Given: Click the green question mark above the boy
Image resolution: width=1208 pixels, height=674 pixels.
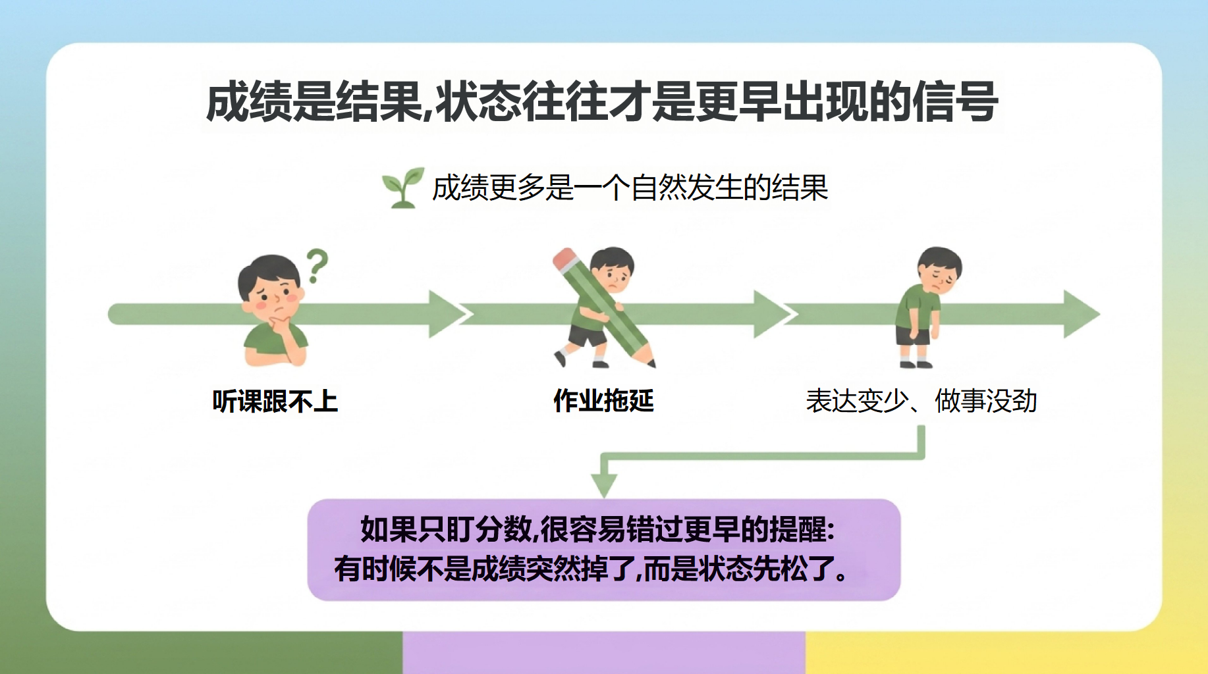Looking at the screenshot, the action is click(x=317, y=265).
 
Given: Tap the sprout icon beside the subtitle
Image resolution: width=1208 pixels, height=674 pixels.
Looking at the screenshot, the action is click(x=402, y=188).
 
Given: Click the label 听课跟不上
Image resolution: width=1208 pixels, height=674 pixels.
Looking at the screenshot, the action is click(x=275, y=401).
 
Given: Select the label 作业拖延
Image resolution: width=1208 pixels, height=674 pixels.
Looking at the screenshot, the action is click(x=603, y=400).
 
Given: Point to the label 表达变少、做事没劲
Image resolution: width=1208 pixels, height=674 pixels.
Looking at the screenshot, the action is click(x=921, y=400).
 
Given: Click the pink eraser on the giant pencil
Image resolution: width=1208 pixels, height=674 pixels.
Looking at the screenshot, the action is click(x=565, y=259).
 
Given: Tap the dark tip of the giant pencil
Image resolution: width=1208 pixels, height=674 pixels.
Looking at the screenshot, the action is click(x=651, y=363).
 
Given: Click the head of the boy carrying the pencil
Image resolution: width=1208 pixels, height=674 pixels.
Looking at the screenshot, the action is click(x=613, y=270).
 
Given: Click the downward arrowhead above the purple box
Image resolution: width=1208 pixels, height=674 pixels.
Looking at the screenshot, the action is click(x=604, y=486).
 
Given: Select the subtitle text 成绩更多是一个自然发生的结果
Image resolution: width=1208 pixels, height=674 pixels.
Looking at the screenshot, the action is click(x=630, y=188).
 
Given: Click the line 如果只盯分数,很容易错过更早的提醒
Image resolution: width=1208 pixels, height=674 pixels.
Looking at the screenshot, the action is click(x=597, y=529).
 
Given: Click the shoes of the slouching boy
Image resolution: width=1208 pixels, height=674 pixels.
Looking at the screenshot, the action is click(x=916, y=364).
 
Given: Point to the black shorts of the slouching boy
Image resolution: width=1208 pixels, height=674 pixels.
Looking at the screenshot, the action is click(x=913, y=335).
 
